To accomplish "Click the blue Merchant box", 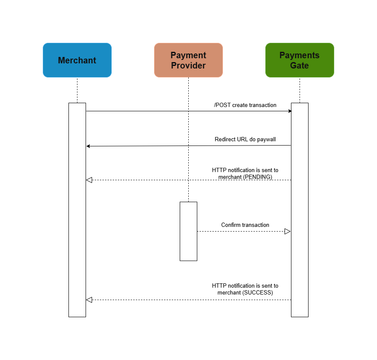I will [x=77, y=60].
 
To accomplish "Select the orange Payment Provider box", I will [x=188, y=60].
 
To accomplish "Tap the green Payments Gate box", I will [x=300, y=60].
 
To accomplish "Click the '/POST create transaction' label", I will [x=245, y=105].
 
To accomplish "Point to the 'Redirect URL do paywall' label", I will [x=245, y=140].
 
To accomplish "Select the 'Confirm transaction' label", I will [x=245, y=225].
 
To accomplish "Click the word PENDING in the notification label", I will [x=258, y=177].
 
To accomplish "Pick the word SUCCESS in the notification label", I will [x=258, y=293].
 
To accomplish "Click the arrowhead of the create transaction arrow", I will [x=290, y=111].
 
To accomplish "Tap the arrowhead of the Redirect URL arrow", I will [x=88, y=146].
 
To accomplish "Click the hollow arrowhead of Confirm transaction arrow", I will [x=288, y=231].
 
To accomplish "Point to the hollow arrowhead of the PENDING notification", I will [x=89, y=180].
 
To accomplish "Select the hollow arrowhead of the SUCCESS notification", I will [x=89, y=300].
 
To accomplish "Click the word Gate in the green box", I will [x=300, y=65].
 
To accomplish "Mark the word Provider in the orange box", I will [x=188, y=65].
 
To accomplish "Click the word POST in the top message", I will [x=223, y=105].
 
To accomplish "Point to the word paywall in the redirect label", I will [x=266, y=140].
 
